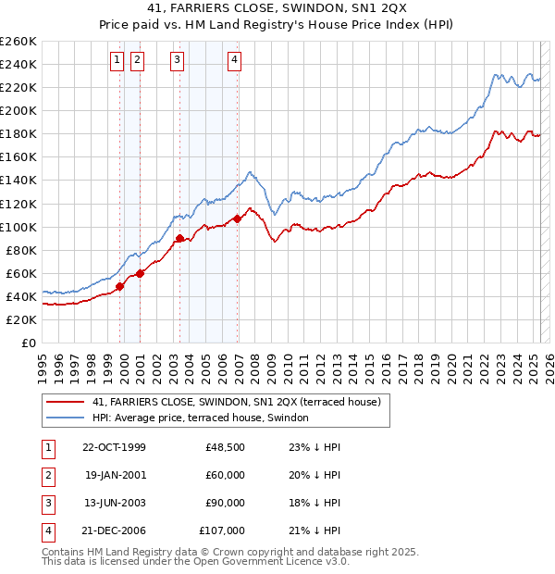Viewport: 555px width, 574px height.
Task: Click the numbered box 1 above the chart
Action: click(118, 61)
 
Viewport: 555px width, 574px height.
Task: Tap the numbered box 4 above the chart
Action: click(235, 61)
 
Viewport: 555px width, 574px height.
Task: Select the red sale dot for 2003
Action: click(179, 238)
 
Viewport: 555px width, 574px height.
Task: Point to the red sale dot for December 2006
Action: click(238, 218)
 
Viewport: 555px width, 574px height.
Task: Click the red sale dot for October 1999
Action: click(120, 286)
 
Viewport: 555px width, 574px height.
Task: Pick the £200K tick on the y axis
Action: click(18, 110)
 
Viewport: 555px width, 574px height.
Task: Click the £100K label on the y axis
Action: click(18, 227)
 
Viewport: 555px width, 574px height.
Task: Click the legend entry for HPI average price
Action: click(205, 418)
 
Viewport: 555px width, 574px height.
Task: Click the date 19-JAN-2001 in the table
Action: click(115, 475)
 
